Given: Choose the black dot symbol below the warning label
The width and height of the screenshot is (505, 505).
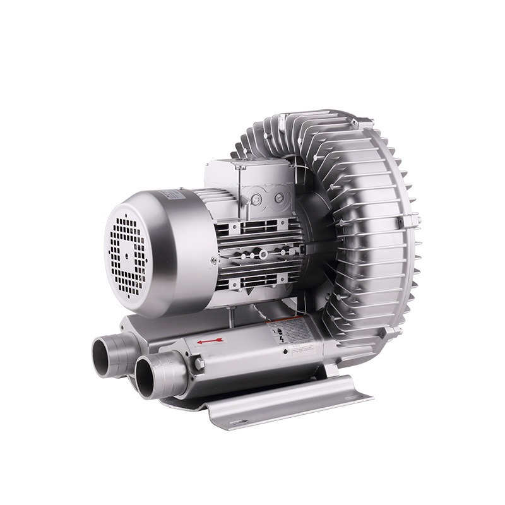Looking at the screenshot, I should [x=288, y=349].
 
